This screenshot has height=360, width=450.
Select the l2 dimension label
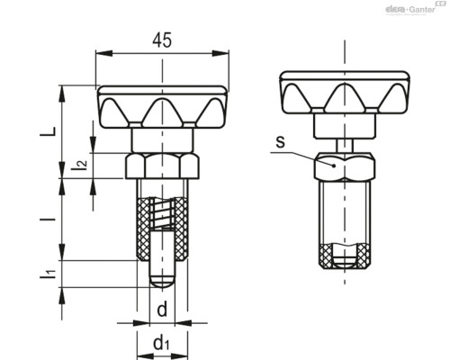(x=81, y=165)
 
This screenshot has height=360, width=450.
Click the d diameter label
(x=162, y=309)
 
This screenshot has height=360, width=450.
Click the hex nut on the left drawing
(x=162, y=166)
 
